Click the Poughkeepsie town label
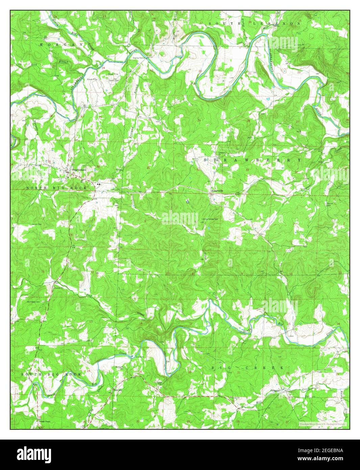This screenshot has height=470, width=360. click(77, 170)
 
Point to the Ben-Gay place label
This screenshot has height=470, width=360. click(117, 390)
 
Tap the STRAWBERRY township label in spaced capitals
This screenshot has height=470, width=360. click(252, 159)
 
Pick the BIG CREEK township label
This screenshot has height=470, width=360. click(246, 367)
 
